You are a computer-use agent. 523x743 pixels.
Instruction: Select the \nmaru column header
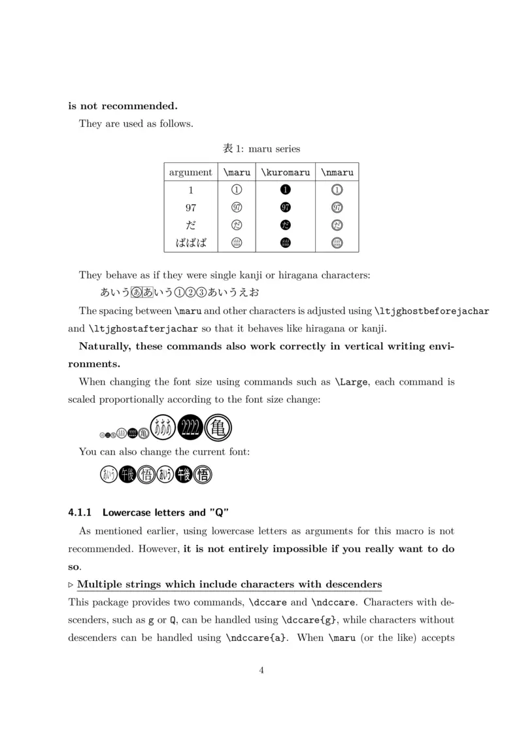click(x=337, y=173)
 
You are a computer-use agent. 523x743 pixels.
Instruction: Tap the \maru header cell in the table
click(x=237, y=173)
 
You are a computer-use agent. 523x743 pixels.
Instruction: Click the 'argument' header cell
click(x=190, y=173)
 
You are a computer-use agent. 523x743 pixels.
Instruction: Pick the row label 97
click(x=191, y=208)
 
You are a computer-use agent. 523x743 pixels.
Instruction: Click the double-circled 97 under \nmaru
click(x=337, y=208)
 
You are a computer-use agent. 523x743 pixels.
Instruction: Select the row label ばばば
click(x=191, y=243)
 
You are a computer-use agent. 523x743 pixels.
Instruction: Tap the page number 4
click(x=261, y=670)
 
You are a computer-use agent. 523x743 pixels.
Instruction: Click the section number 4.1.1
click(x=81, y=513)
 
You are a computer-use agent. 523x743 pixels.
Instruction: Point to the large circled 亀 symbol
click(x=219, y=429)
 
